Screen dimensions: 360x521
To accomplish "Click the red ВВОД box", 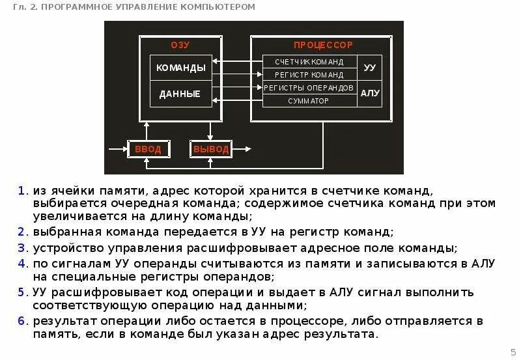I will pos(147,150).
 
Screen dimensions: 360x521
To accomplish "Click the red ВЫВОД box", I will pos(211,150).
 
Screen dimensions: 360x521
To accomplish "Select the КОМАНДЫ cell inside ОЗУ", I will pos(182,68).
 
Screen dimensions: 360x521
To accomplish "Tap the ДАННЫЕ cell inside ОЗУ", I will pos(180,94).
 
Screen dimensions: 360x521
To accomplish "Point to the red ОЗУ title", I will pos(180,45).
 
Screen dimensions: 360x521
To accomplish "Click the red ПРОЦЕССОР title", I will pos(322,45).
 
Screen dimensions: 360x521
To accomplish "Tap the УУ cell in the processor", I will pos(370,68).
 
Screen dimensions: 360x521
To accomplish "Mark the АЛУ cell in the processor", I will pos(370,94).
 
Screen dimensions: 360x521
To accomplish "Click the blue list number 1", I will pos(21,191).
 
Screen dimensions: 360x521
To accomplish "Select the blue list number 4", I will pos(21,264).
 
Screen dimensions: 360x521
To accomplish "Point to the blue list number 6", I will pos(21,321).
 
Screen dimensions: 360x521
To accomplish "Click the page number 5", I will pos(512,350).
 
